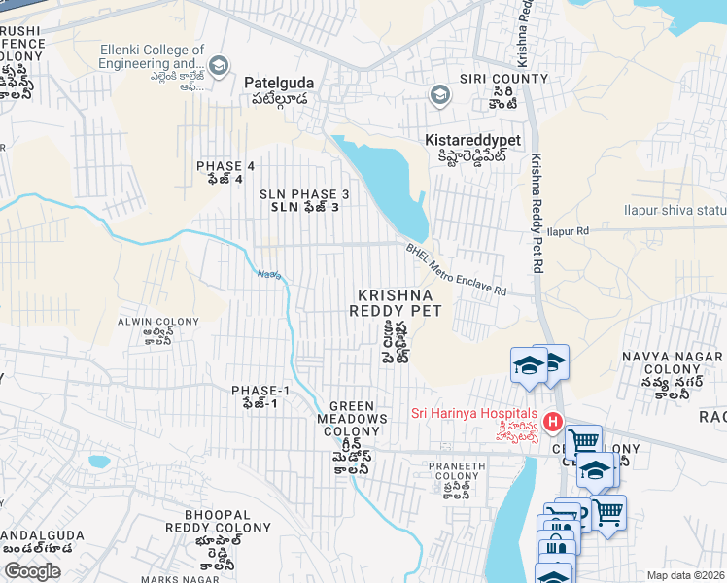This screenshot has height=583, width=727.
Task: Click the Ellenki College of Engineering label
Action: point(153,57)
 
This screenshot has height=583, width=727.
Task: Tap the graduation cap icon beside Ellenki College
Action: point(220,65)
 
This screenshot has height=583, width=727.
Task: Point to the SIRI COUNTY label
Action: point(492,79)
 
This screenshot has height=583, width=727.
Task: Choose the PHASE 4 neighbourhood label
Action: point(225,166)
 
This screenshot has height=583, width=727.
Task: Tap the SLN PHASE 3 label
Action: point(303,194)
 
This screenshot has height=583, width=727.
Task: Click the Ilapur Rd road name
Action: point(569,231)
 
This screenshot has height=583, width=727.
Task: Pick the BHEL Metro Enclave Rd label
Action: point(456,269)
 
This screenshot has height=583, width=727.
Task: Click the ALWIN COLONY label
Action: point(157,321)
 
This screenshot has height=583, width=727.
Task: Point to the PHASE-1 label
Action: point(260,391)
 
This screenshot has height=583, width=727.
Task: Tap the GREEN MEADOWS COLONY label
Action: point(358,419)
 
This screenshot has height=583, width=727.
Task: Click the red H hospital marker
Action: point(553,422)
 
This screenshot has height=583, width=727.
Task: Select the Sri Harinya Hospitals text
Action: point(473,412)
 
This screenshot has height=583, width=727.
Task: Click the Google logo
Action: point(32,571)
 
